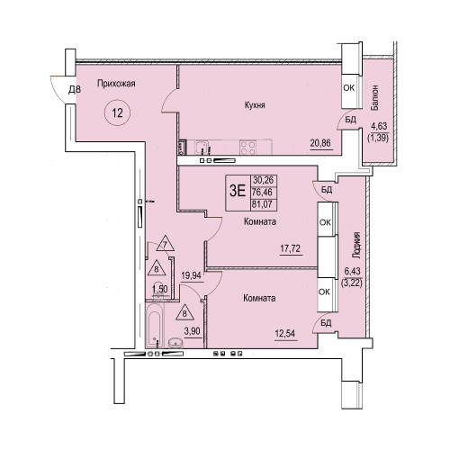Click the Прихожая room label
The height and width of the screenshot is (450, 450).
tap(116, 84)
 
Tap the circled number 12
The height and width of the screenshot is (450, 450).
tap(117, 112)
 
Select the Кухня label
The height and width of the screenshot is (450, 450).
tap(255, 105)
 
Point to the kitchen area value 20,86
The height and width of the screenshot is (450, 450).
tap(320, 143)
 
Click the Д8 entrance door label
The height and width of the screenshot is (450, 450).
tap(75, 89)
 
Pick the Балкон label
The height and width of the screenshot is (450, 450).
tap(374, 98)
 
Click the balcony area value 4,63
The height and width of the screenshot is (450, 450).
tap(379, 126)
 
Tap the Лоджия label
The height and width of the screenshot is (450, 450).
tap(356, 246)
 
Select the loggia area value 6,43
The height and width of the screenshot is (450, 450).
tap(353, 271)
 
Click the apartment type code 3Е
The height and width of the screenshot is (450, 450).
tap(238, 191)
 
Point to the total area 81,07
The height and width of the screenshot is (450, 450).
tap(262, 204)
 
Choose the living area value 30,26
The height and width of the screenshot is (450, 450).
tap(264, 180)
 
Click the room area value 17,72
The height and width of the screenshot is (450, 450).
tap(290, 248)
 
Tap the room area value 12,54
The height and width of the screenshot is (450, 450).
tap(285, 333)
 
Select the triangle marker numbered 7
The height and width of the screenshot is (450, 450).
tap(166, 243)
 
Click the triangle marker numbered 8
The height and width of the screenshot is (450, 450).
tap(184, 312)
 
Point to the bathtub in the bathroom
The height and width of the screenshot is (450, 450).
tap(155, 325)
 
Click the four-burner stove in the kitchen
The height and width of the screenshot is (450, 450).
tap(248, 148)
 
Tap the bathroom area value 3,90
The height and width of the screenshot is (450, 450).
tap(192, 331)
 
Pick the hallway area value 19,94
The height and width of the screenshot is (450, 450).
tap(191, 275)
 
